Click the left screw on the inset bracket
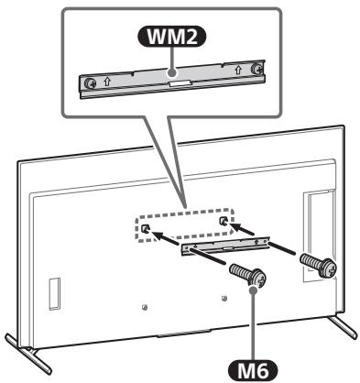click(x=92, y=81)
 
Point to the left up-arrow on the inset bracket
click(x=108, y=80)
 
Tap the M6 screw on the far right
click(x=320, y=263)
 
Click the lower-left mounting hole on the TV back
click(x=145, y=306)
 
